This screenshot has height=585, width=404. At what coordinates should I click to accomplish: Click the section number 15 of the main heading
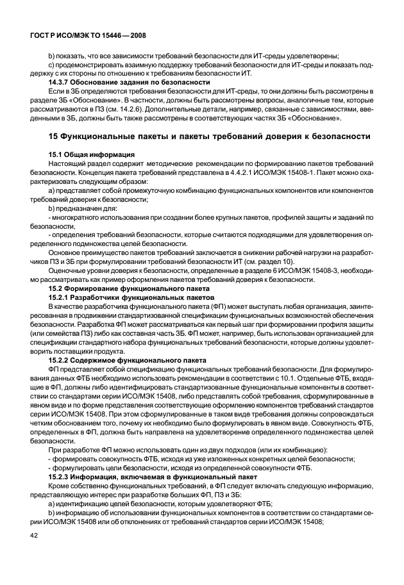pyautogui.click(x=55, y=136)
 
